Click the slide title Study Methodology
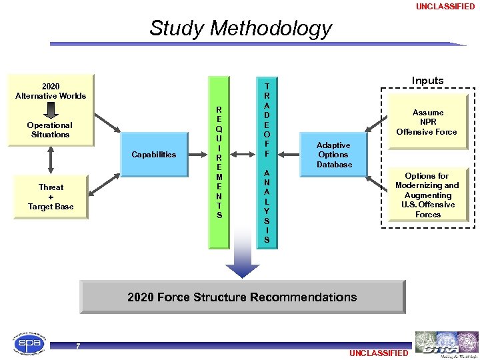[x=240, y=28]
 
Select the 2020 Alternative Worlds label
[x=51, y=91]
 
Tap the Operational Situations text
[x=50, y=129]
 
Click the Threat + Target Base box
[x=51, y=197]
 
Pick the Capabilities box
[x=154, y=154]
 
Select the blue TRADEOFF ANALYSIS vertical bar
[x=267, y=162]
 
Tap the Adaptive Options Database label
[x=333, y=154]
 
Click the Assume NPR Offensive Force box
[x=427, y=122]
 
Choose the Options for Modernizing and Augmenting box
[x=427, y=195]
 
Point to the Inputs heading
[x=427, y=81]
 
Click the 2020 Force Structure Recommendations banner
[x=242, y=297]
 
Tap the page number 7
[x=78, y=346]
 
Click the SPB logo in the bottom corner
[x=29, y=345]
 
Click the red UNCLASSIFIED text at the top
[x=445, y=7]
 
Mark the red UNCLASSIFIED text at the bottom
[x=378, y=353]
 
